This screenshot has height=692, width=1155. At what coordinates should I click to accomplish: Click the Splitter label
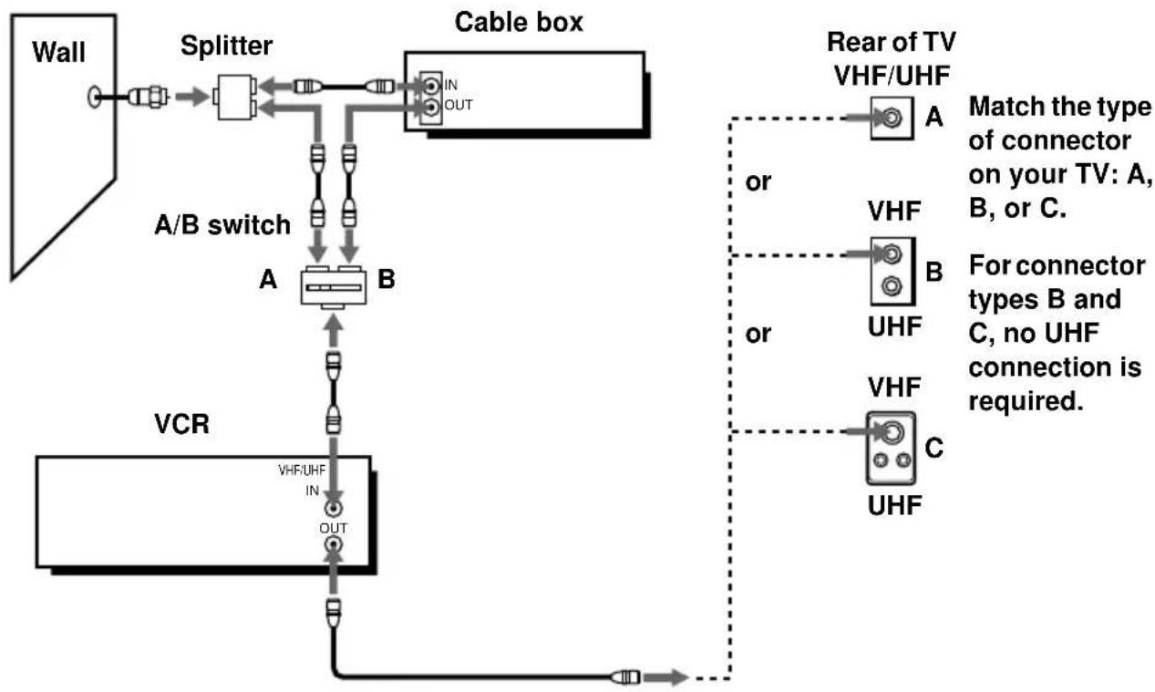(x=226, y=46)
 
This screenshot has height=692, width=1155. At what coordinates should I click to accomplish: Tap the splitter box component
(x=234, y=98)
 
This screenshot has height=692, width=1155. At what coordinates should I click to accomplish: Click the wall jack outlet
(x=94, y=97)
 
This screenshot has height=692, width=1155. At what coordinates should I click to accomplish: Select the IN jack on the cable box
(x=431, y=85)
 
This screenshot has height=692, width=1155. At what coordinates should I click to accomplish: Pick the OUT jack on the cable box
(x=431, y=108)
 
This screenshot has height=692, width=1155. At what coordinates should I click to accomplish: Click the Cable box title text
(x=519, y=23)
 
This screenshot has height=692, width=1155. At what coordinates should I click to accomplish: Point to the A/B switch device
(x=334, y=288)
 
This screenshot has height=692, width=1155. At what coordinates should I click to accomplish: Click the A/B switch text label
(x=222, y=225)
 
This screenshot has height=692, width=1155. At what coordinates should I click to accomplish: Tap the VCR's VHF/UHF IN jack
(x=334, y=509)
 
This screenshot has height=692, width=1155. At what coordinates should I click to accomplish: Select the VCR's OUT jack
(x=334, y=544)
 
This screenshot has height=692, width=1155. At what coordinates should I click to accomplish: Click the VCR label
(x=182, y=424)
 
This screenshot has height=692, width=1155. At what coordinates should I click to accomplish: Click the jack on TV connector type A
(x=892, y=119)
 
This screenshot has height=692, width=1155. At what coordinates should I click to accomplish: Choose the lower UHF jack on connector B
(x=892, y=285)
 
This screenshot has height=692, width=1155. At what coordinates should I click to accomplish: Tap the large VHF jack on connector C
(x=892, y=432)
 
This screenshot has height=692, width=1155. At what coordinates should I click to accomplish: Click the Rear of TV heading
(x=892, y=42)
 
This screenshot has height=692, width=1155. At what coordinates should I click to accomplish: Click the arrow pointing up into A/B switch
(x=334, y=331)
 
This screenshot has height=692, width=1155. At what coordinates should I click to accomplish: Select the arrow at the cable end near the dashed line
(x=666, y=677)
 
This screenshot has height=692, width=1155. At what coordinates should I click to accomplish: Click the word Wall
(x=58, y=52)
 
